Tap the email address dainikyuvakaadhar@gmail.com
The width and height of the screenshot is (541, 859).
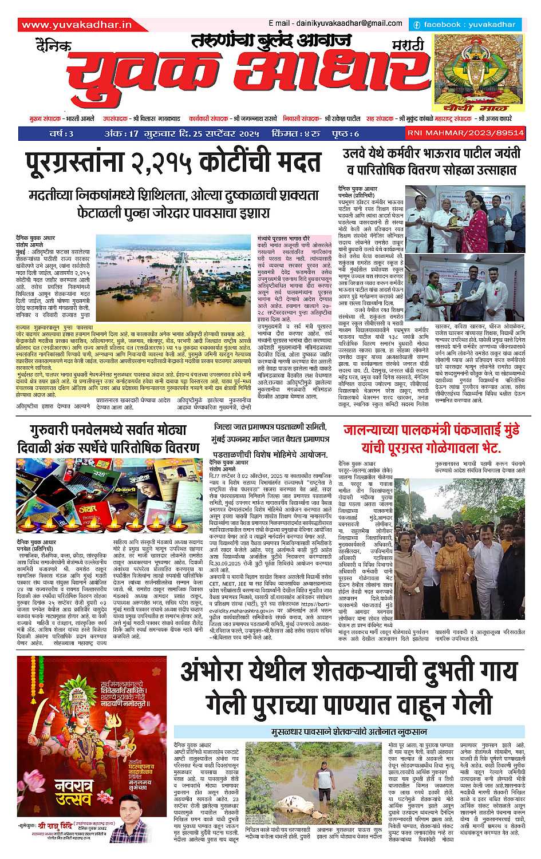[x=335, y=23]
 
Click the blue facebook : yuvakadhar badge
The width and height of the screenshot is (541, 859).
[x=464, y=25]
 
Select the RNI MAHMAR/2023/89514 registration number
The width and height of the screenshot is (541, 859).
[x=465, y=133]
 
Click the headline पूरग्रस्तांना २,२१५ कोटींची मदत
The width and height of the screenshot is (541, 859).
[x=173, y=163]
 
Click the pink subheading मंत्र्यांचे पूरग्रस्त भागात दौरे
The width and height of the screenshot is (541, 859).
[x=283, y=236]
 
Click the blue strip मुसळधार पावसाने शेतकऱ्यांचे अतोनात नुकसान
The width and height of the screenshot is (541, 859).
[x=348, y=731]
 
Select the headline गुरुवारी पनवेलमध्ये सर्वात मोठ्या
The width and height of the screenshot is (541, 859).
[x=109, y=430]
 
